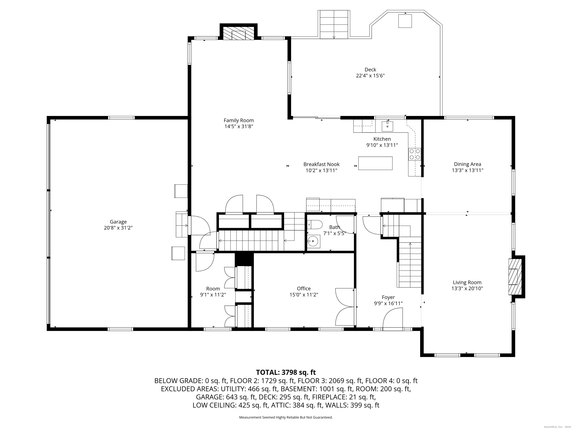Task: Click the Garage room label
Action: (118, 222)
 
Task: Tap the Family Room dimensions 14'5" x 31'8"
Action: (238, 126)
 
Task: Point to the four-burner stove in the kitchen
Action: (414, 154)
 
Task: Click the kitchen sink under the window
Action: (387, 126)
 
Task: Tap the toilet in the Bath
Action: (315, 224)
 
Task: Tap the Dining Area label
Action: (467, 164)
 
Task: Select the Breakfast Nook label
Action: (321, 164)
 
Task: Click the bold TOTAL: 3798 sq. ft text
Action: (286, 372)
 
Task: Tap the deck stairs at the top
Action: (334, 25)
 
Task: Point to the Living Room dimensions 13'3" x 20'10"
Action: (467, 289)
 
